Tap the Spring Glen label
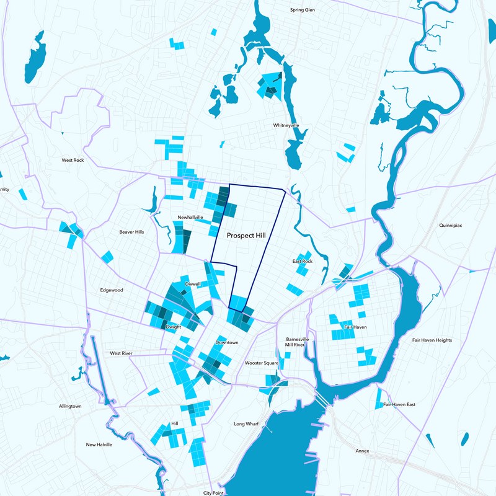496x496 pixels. pyautogui.click(x=303, y=10)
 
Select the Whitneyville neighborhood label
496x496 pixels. pyautogui.click(x=286, y=125)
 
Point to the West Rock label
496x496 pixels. pyautogui.click(x=73, y=160)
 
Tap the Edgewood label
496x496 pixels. pyautogui.click(x=112, y=290)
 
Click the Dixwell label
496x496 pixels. pyautogui.click(x=193, y=284)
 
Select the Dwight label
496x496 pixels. pyautogui.click(x=174, y=326)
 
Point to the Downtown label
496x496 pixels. pyautogui.click(x=227, y=342)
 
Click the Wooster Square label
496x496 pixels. pyautogui.click(x=261, y=363)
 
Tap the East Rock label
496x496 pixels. pyautogui.click(x=303, y=262)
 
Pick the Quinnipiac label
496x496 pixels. pyautogui.click(x=451, y=225)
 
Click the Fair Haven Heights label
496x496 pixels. pyautogui.click(x=432, y=340)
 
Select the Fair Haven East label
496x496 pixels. pyautogui.click(x=399, y=404)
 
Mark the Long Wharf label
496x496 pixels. pyautogui.click(x=247, y=424)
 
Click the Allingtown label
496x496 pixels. pyautogui.click(x=70, y=406)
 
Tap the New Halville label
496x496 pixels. pyautogui.click(x=100, y=445)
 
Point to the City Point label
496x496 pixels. pyautogui.click(x=215, y=493)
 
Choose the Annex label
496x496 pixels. pyautogui.click(x=363, y=451)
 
